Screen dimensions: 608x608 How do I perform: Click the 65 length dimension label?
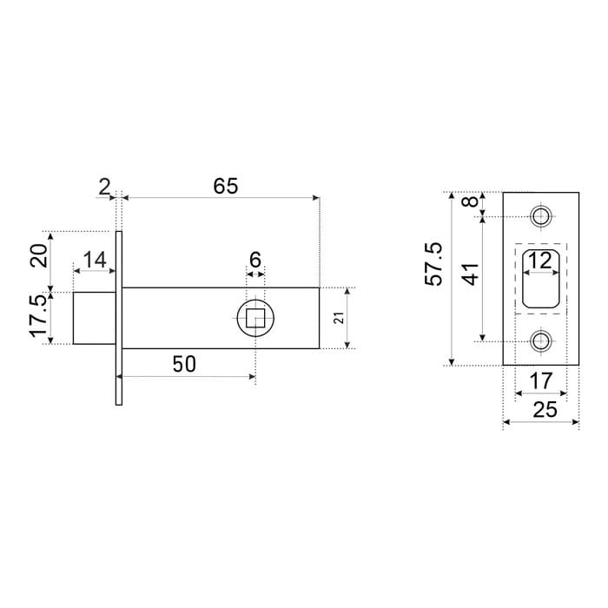tap(225, 186)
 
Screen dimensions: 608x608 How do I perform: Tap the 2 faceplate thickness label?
tap(104, 188)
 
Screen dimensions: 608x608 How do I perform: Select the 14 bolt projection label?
tap(95, 260)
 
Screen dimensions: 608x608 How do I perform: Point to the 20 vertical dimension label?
tap(39, 255)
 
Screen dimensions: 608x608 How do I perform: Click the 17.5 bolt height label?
tap(39, 317)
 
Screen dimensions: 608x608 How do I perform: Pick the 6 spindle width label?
tap(255, 260)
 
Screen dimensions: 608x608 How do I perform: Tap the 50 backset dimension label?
tap(184, 364)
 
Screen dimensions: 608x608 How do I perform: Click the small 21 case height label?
tap(339, 318)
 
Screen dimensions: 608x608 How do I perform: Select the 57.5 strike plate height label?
tap(433, 264)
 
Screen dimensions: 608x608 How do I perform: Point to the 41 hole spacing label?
tap(472, 274)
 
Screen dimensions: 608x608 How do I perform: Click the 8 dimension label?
tap(472, 202)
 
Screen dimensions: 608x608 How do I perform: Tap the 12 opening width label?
tap(540, 261)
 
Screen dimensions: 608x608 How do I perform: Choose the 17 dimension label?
tap(540, 380)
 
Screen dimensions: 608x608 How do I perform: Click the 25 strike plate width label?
tap(545, 409)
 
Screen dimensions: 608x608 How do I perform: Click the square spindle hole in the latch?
tap(255, 318)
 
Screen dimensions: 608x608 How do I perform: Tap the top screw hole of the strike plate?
tap(541, 216)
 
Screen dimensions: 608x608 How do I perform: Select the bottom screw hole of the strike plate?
tap(541, 341)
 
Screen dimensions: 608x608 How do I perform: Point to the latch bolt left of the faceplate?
tap(95, 318)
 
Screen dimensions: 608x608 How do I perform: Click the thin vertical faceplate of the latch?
tap(119, 318)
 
